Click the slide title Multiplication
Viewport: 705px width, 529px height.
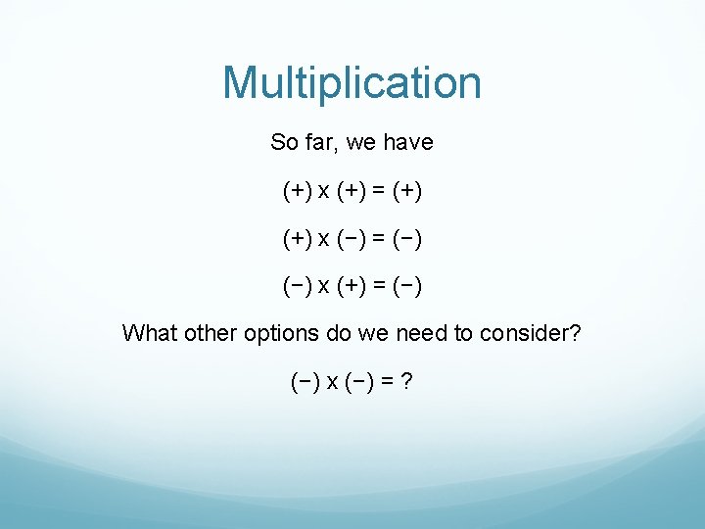point(352,83)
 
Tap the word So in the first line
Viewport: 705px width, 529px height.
point(284,143)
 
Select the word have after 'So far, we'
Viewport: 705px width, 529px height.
point(407,143)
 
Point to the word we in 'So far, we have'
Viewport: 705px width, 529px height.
point(361,143)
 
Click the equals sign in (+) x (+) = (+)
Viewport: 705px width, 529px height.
point(378,191)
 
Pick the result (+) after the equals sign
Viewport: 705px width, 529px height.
point(407,191)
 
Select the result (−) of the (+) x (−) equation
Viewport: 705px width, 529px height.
point(407,239)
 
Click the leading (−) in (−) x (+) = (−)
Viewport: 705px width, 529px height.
point(297,286)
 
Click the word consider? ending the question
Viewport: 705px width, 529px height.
point(530,333)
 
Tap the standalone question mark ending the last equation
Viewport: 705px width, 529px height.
point(405,381)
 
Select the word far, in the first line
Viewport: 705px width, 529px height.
point(324,143)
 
